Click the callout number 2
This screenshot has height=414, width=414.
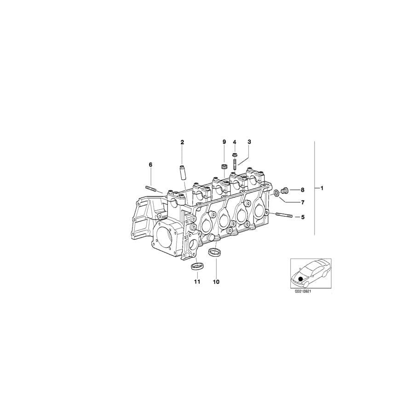(182, 142)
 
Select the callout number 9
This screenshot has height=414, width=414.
(224, 142)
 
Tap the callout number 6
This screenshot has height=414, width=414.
(150, 164)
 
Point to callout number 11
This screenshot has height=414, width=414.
(196, 282)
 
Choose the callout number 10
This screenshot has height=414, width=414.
(216, 282)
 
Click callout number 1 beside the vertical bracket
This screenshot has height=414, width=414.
(322, 188)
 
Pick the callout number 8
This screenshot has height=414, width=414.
(303, 190)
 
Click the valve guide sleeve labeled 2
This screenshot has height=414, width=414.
(182, 167)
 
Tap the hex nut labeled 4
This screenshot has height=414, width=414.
(235, 155)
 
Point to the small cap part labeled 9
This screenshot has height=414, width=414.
(224, 166)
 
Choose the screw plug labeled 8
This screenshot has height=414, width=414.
(284, 190)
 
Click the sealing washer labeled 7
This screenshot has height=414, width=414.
(276, 192)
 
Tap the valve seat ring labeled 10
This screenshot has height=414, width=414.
(214, 253)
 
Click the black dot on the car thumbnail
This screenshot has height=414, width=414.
(301, 278)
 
